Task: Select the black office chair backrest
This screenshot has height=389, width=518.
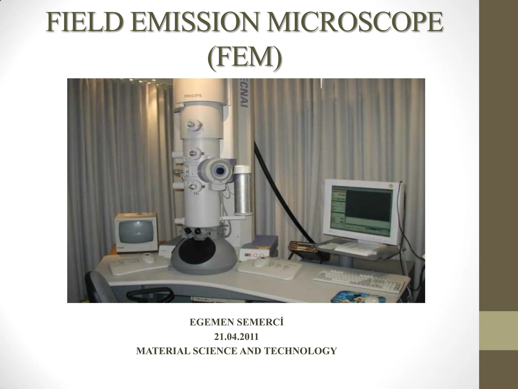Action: point(100,286)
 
